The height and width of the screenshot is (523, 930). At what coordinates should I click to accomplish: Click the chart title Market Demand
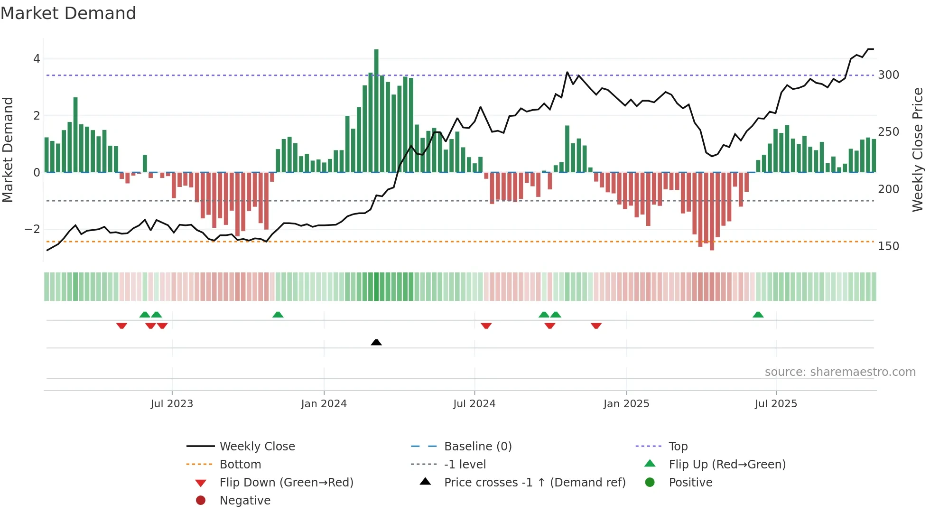(x=68, y=13)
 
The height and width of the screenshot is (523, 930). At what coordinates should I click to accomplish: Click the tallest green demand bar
(x=376, y=110)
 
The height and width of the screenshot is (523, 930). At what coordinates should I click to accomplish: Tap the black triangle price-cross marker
(x=376, y=342)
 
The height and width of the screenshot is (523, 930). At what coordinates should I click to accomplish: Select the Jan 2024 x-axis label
(x=324, y=404)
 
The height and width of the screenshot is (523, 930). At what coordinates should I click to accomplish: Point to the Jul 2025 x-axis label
(x=776, y=404)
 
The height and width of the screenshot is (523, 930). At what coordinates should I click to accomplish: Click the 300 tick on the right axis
(x=888, y=75)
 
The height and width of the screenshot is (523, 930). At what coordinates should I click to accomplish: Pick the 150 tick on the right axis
(x=888, y=246)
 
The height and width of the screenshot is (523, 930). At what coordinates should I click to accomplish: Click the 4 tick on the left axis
(x=37, y=59)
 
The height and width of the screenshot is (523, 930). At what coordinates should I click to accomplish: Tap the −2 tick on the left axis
(x=33, y=229)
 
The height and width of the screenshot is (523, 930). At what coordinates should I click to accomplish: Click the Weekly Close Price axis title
(x=918, y=149)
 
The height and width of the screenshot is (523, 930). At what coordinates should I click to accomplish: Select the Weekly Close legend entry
(x=257, y=447)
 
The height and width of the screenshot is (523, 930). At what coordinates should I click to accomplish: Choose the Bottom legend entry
(x=240, y=465)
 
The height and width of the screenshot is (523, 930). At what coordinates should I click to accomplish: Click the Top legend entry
(x=678, y=447)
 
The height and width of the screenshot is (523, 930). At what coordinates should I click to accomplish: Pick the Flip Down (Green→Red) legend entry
(x=286, y=483)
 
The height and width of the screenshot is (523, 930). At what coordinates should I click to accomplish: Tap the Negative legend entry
(x=245, y=501)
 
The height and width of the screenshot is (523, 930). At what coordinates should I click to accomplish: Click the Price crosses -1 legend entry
(x=534, y=483)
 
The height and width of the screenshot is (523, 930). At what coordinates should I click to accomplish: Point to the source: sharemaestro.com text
(x=840, y=372)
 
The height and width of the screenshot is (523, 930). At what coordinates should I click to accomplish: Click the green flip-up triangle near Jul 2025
(x=758, y=315)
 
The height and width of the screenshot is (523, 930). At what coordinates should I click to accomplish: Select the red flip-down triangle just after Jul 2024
(x=486, y=326)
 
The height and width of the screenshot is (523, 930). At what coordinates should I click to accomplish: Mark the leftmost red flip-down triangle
(x=121, y=326)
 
